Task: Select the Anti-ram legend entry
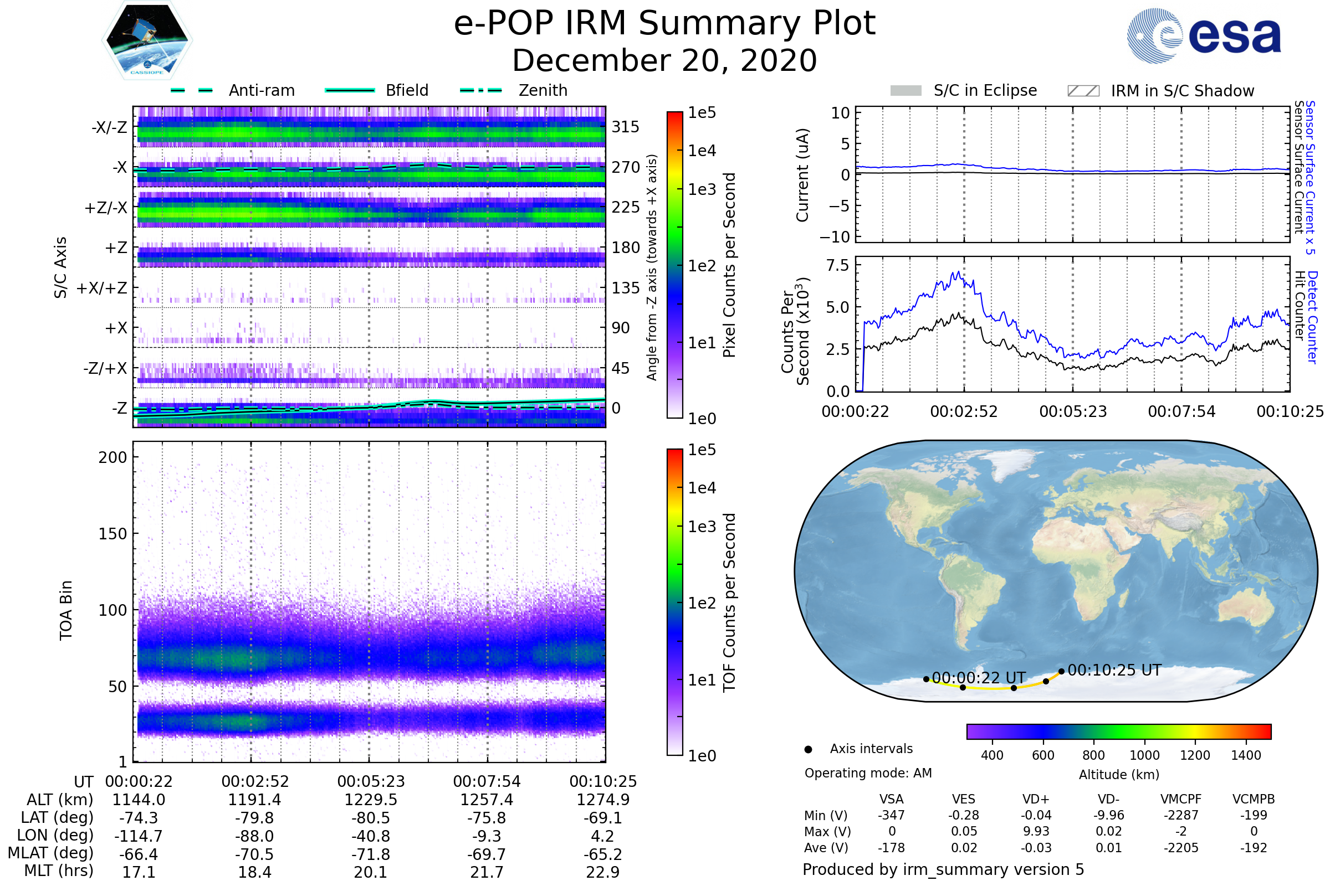click(x=261, y=90)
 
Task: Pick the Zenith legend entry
click(x=543, y=90)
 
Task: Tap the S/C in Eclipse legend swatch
click(x=906, y=90)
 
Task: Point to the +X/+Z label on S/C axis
click(x=102, y=288)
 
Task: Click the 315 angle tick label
click(x=625, y=127)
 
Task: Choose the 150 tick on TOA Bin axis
click(x=112, y=534)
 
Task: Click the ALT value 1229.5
click(x=371, y=800)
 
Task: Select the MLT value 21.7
click(x=487, y=872)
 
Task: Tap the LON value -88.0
click(x=255, y=836)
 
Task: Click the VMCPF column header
click(x=1181, y=799)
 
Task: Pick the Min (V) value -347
click(x=891, y=815)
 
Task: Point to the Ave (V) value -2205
click(x=1181, y=848)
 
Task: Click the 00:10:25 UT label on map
click(x=1114, y=670)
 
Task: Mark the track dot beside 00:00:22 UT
click(x=925, y=679)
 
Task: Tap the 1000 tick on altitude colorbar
click(x=1144, y=755)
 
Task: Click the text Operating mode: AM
click(x=868, y=773)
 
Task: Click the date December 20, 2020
click(x=664, y=60)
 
